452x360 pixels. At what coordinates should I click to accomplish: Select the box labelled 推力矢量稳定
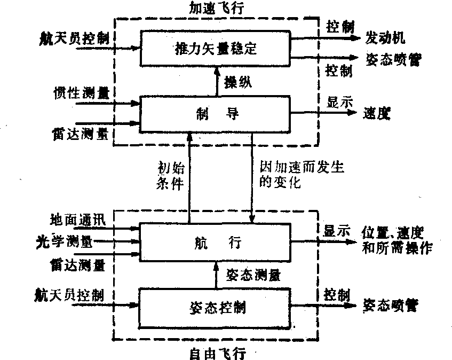[216, 50]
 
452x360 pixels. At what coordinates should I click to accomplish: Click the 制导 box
[216, 113]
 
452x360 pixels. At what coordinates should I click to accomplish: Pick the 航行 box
[216, 243]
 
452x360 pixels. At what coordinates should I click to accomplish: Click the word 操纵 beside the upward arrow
[238, 82]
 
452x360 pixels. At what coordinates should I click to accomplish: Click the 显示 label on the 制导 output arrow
[339, 102]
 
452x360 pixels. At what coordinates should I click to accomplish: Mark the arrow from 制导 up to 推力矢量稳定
[216, 81]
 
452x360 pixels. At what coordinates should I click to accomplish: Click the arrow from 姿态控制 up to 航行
[216, 274]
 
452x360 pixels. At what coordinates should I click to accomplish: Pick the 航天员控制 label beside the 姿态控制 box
[75, 294]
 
